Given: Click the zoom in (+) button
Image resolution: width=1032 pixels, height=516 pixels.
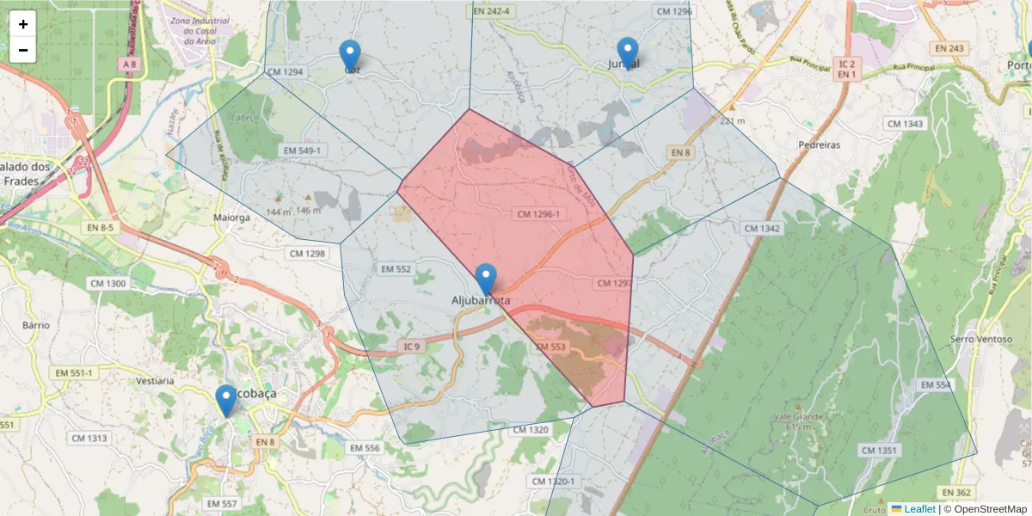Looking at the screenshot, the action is tap(23, 24).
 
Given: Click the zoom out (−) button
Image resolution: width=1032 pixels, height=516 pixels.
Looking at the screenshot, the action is tap(23, 50).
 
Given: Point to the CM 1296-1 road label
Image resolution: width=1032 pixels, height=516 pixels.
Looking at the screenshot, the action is tap(539, 213).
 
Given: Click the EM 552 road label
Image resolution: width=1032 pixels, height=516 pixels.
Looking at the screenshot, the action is tap(396, 269).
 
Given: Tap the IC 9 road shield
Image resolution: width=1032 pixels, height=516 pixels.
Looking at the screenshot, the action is tap(412, 347).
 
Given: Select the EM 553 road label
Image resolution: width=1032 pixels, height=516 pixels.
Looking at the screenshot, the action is tap(550, 347).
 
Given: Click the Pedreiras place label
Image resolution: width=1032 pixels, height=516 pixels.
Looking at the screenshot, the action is tap(819, 145).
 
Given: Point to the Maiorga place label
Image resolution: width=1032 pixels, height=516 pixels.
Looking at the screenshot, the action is tap(231, 218).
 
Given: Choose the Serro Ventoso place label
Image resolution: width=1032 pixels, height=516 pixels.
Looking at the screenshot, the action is tap(980, 339).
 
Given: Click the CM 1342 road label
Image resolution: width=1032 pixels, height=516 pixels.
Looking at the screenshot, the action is tap(761, 228).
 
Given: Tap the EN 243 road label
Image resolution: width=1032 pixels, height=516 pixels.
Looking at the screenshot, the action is tap(949, 48).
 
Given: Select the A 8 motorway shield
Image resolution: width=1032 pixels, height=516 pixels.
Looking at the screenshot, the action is tap(130, 64).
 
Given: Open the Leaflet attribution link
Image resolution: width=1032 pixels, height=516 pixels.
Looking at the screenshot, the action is tap(918, 509).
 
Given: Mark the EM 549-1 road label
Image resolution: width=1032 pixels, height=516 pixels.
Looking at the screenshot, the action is tap(302, 151).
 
